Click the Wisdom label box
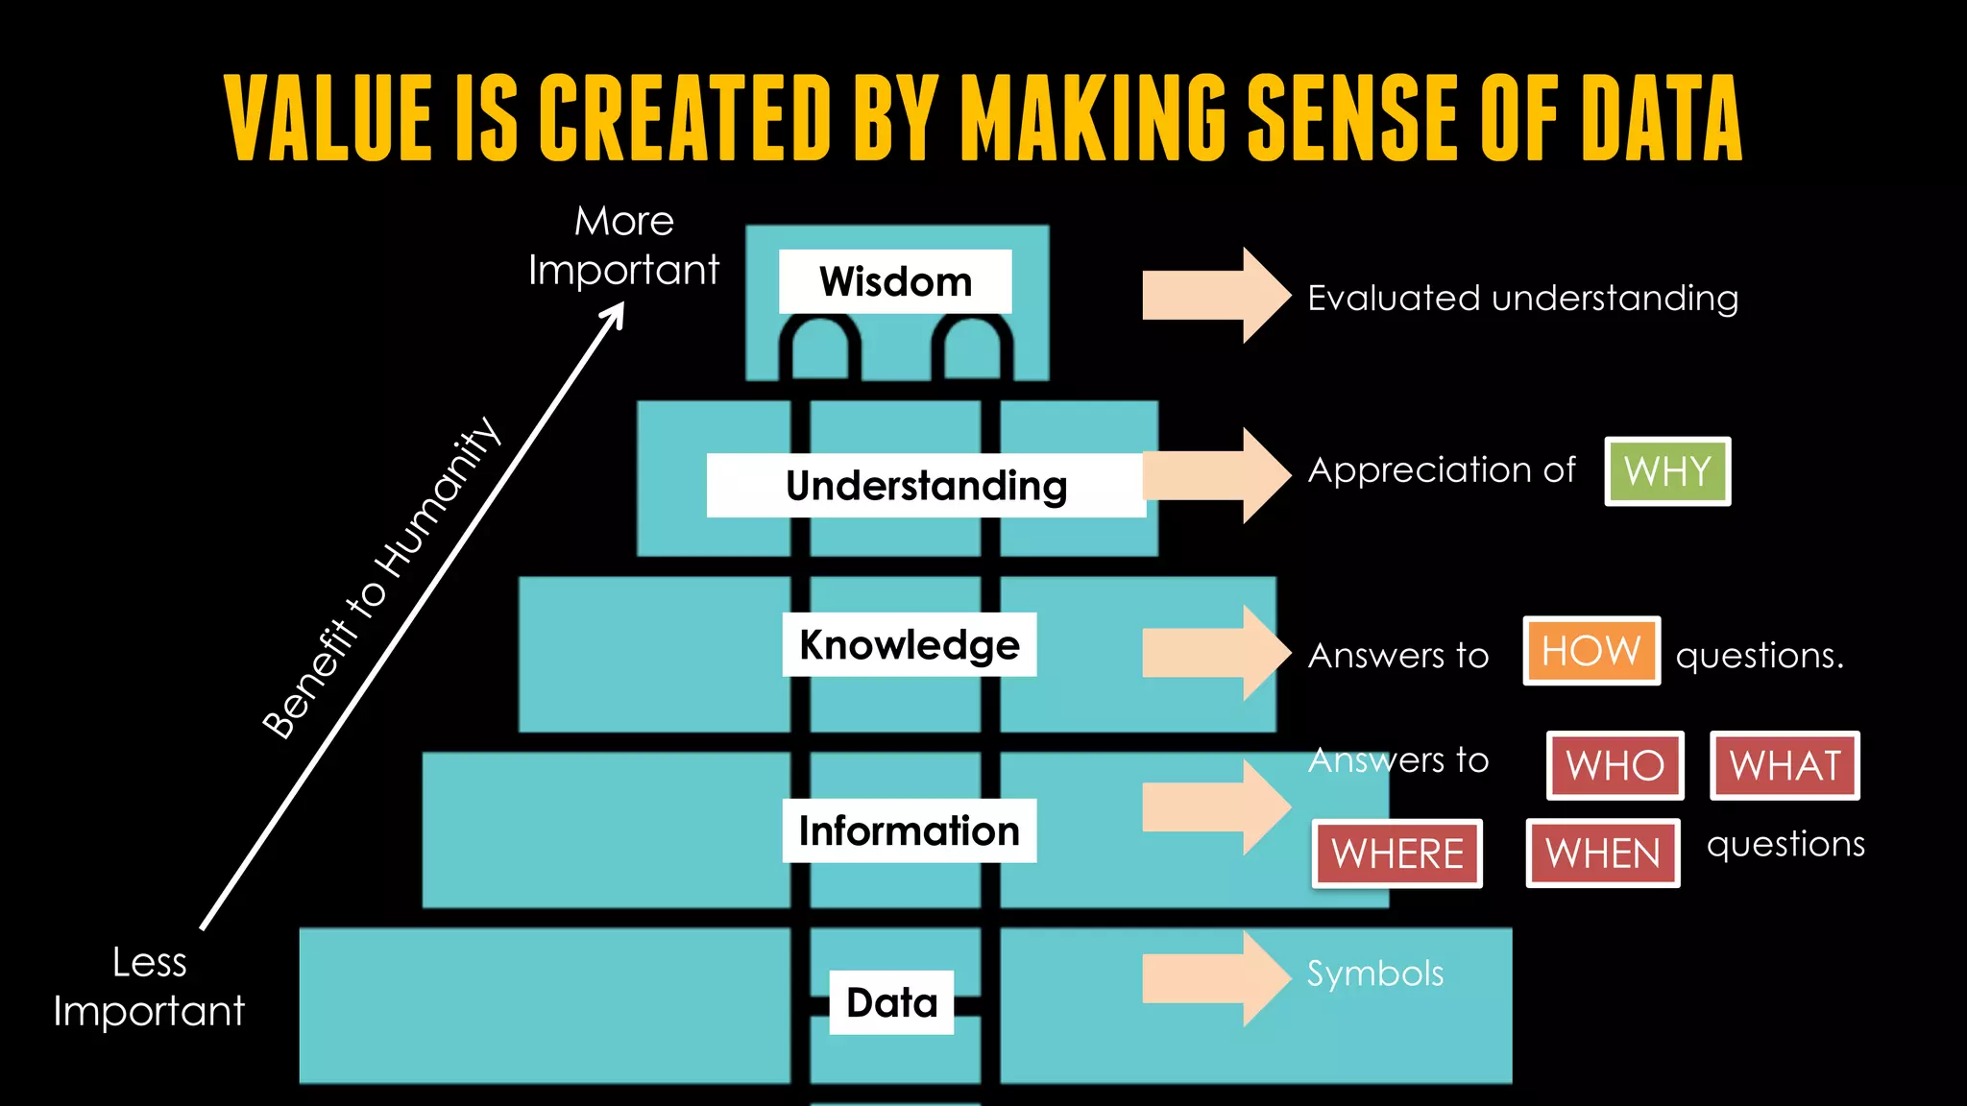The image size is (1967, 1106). pyautogui.click(x=895, y=281)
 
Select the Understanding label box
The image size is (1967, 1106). pyautogui.click(x=926, y=486)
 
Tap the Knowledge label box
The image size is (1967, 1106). pyautogui.click(x=909, y=644)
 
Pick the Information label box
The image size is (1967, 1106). pyautogui.click(x=909, y=830)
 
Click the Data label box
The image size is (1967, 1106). pyautogui.click(x=891, y=1002)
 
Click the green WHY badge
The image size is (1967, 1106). pyautogui.click(x=1667, y=471)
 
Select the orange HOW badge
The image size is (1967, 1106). pyautogui.click(x=1591, y=651)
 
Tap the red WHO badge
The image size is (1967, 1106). pyautogui.click(x=1615, y=765)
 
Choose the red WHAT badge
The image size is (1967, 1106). pyautogui.click(x=1785, y=765)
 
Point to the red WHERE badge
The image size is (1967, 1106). pyautogui.click(x=1397, y=854)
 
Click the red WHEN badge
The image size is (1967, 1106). pyautogui.click(x=1603, y=854)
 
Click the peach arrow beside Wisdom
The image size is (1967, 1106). pyautogui.click(x=1216, y=296)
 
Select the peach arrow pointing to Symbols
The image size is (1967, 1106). pyautogui.click(x=1216, y=978)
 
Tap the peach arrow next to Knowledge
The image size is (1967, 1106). pyautogui.click(x=1216, y=653)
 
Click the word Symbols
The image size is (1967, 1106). pyautogui.click(x=1375, y=974)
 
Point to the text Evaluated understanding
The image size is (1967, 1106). pyautogui.click(x=1523, y=299)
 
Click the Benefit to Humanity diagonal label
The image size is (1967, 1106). pyautogui.click(x=381, y=578)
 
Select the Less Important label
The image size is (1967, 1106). pyautogui.click(x=149, y=987)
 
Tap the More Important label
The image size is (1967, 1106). pyautogui.click(x=624, y=246)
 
